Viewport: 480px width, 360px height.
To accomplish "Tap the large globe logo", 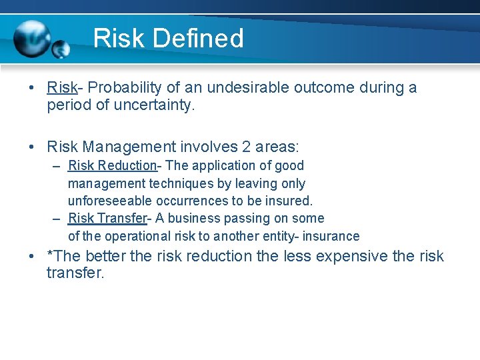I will [x=32, y=39].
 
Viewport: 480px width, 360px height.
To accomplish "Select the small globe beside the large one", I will [x=61, y=49].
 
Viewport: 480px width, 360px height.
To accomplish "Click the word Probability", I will [x=126, y=87].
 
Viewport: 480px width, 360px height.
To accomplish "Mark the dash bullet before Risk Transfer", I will [x=58, y=218].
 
